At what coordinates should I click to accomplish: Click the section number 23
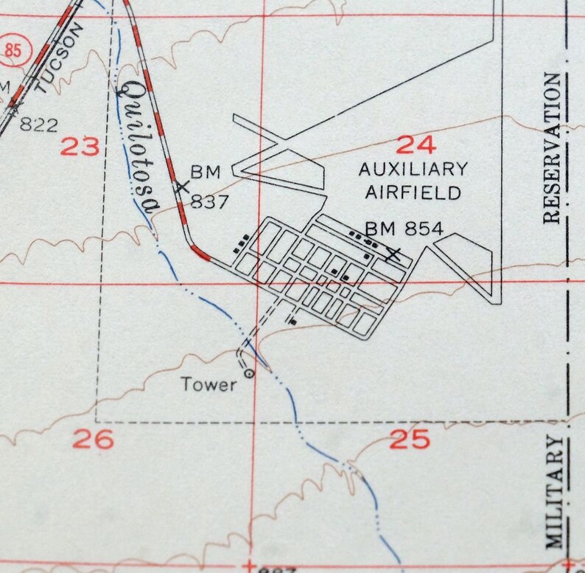(80, 147)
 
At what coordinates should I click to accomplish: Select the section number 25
(410, 440)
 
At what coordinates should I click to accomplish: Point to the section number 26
(94, 440)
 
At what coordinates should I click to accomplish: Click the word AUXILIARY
(413, 169)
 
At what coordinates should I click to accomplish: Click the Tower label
(210, 383)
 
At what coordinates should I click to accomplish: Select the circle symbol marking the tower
(249, 374)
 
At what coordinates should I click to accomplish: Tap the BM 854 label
(404, 229)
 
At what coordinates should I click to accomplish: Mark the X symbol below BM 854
(395, 255)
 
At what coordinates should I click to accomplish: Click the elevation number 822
(38, 125)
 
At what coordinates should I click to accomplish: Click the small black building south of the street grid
(292, 322)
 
